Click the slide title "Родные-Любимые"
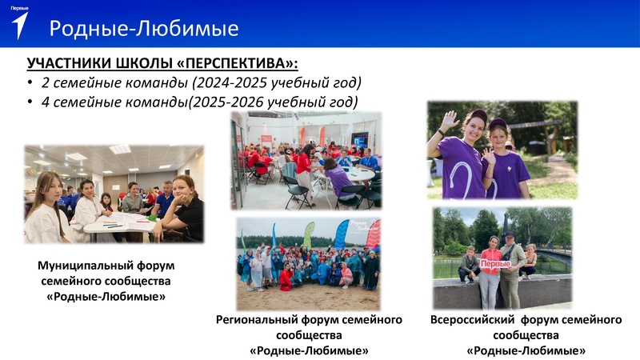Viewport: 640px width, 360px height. (x=144, y=29)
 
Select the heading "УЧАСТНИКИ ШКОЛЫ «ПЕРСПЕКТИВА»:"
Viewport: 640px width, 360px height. (x=167, y=64)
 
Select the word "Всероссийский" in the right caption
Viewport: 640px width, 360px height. (x=468, y=319)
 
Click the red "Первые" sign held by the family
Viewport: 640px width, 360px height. (x=495, y=263)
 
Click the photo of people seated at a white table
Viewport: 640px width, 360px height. (x=114, y=194)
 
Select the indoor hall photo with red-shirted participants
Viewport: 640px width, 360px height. (x=306, y=160)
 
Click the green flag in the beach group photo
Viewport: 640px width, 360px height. (x=309, y=234)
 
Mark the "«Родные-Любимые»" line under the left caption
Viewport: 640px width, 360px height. (x=106, y=297)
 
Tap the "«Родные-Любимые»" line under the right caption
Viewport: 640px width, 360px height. (x=526, y=351)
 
